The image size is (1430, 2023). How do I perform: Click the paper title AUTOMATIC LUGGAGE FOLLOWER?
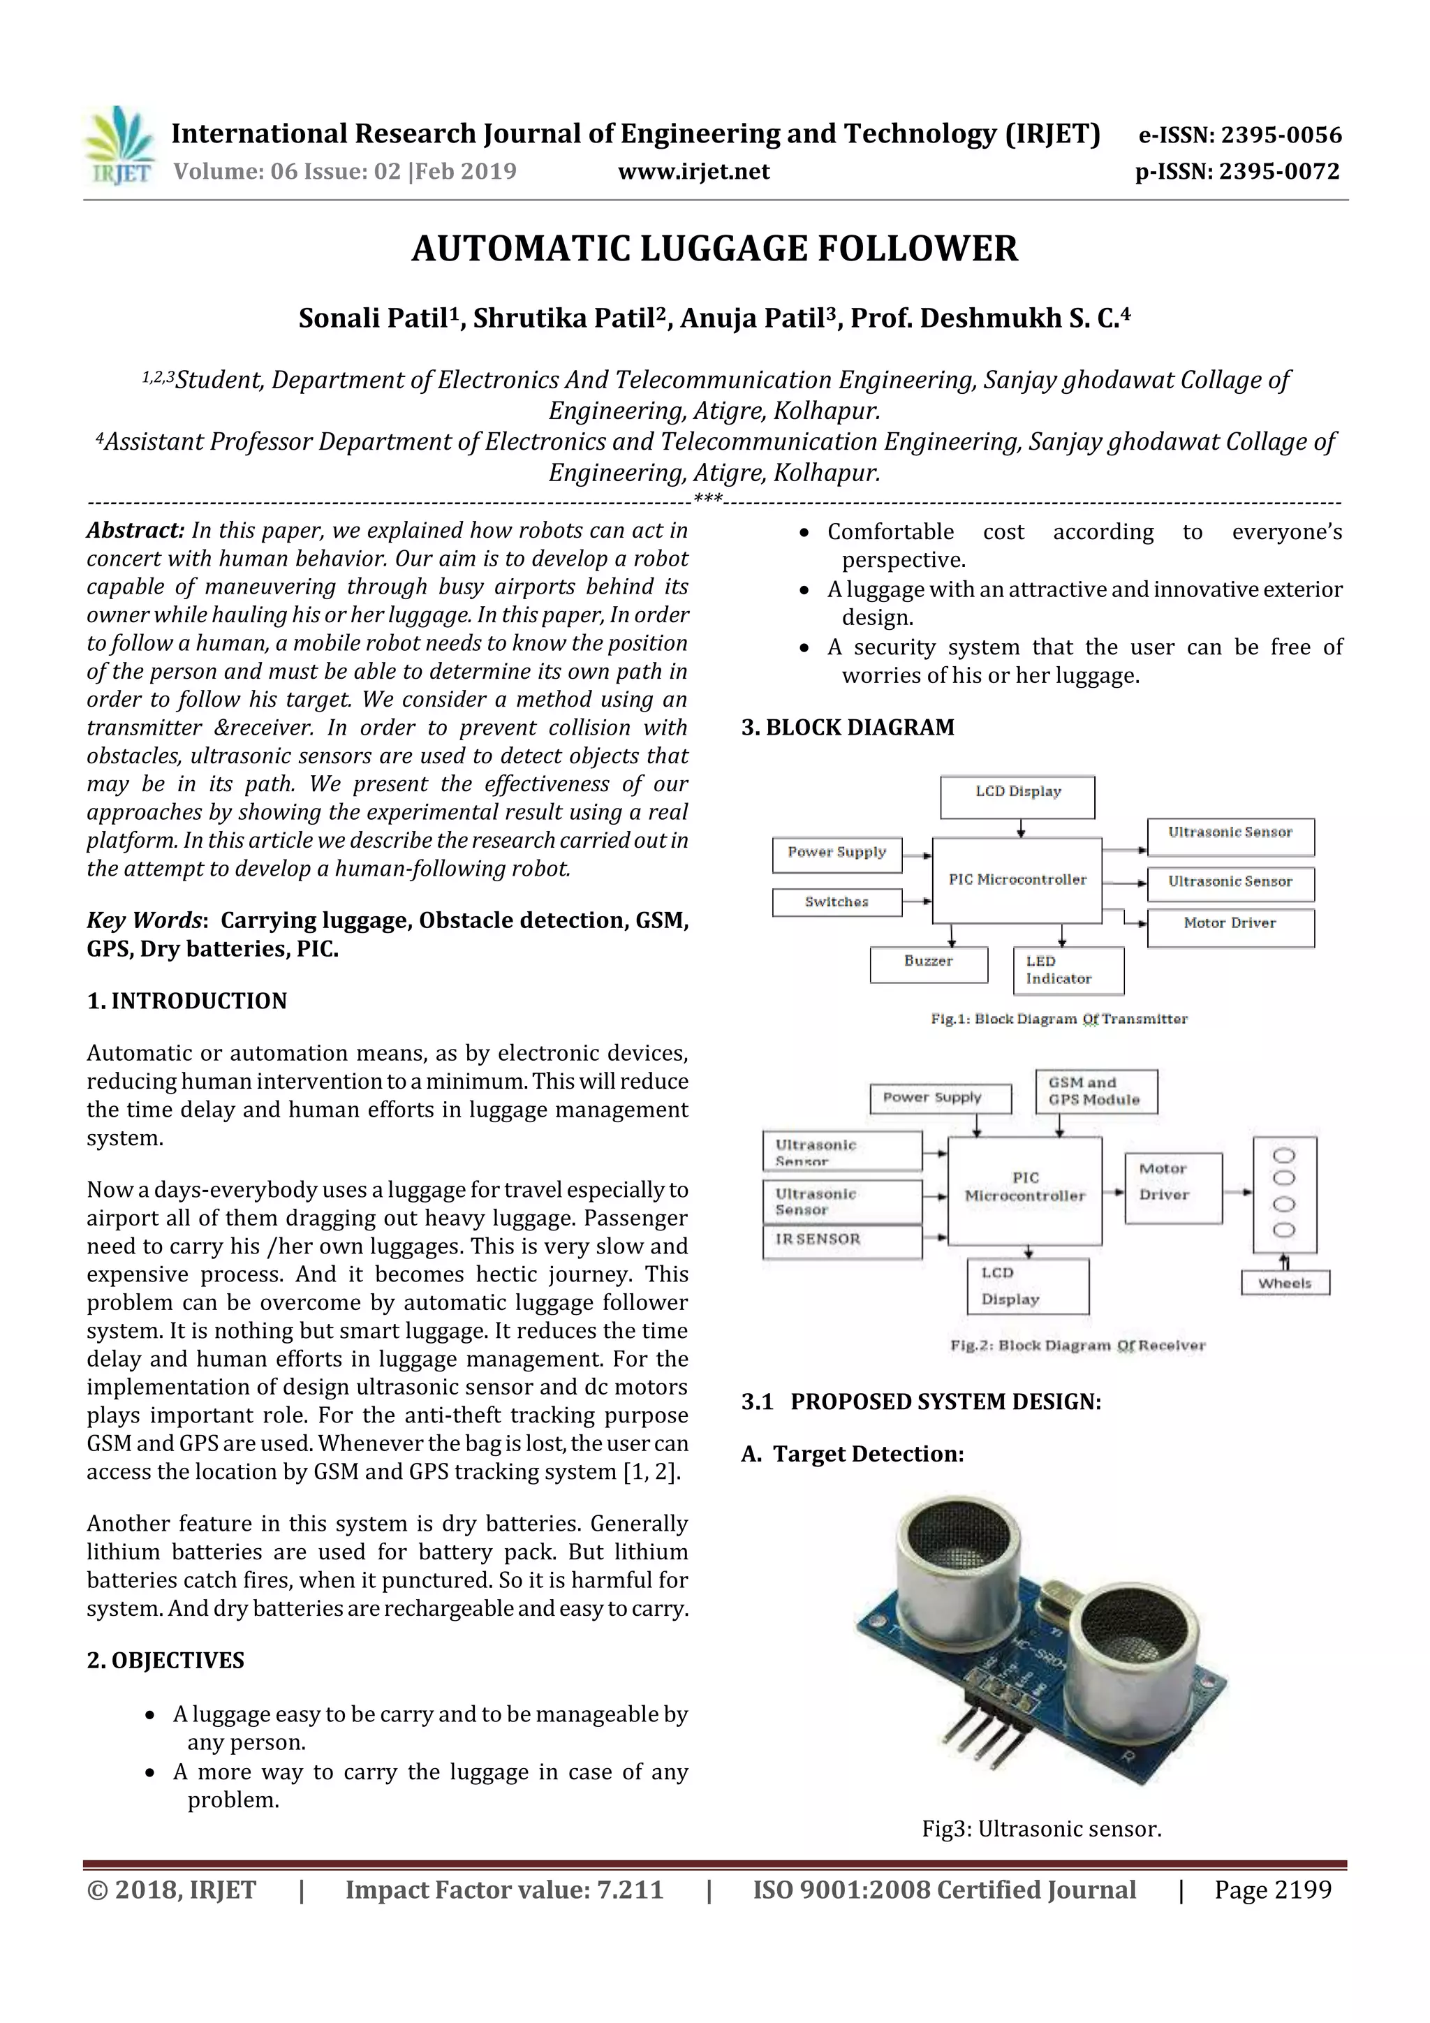click(714, 249)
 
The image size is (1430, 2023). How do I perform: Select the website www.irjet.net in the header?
click(693, 172)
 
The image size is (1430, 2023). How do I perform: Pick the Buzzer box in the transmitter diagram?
click(928, 964)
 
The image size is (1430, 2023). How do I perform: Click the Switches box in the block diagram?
click(836, 902)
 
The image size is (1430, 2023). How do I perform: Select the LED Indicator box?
click(1067, 970)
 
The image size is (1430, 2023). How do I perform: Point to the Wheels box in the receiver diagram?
click(1285, 1283)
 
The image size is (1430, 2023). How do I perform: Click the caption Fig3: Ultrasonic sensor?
click(1042, 1829)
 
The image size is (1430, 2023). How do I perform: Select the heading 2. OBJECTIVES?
click(165, 1661)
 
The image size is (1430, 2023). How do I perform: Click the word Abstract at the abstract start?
click(135, 531)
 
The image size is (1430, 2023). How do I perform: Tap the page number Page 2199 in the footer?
click(1272, 1890)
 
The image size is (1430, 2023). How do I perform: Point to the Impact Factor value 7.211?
click(629, 1890)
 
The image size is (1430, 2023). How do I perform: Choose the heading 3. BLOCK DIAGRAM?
click(848, 728)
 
